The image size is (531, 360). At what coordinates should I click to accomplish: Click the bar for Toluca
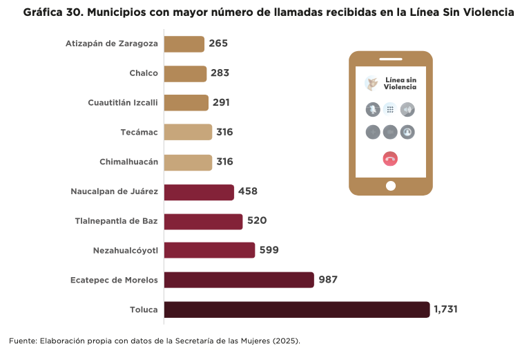pyautogui.click(x=297, y=310)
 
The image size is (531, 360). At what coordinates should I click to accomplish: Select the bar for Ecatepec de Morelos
pyautogui.click(x=239, y=280)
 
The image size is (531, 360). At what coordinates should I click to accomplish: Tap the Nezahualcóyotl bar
pyautogui.click(x=209, y=250)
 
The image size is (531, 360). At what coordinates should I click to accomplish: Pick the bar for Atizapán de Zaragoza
pyautogui.click(x=184, y=44)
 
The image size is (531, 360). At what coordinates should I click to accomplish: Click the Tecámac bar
pyautogui.click(x=188, y=132)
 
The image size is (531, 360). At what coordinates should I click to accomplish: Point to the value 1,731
pyautogui.click(x=445, y=310)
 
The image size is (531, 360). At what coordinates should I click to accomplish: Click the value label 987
pyautogui.click(x=328, y=280)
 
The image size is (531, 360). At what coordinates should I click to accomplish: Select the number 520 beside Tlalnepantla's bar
pyautogui.click(x=257, y=221)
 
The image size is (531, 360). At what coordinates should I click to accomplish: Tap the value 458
pyautogui.click(x=248, y=191)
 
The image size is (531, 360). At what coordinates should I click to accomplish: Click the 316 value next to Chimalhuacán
pyautogui.click(x=224, y=162)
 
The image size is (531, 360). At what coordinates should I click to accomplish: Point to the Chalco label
pyautogui.click(x=144, y=73)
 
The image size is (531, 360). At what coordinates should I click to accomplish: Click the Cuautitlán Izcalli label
pyautogui.click(x=123, y=103)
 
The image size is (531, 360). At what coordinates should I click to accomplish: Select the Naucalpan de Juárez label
pyautogui.click(x=115, y=191)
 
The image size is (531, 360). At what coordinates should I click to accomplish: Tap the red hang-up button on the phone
pyautogui.click(x=390, y=159)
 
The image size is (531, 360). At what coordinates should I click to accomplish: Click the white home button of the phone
pyautogui.click(x=391, y=186)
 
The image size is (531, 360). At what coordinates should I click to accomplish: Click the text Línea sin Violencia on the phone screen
pyautogui.click(x=400, y=84)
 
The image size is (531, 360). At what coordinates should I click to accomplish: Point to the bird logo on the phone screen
pyautogui.click(x=372, y=84)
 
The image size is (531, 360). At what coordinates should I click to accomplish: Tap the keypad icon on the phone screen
pyautogui.click(x=390, y=109)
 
